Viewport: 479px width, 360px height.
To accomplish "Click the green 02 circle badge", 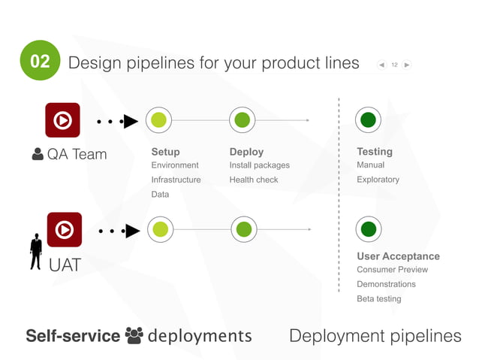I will point(39,60).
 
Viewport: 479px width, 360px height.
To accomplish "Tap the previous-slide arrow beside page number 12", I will point(382,65).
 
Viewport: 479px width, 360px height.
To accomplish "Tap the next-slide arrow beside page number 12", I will point(406,65).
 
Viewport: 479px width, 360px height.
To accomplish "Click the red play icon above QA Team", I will point(63,120).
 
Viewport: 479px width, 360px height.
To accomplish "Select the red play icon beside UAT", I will point(65,229).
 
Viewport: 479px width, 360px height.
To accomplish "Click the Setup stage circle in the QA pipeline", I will point(158,119).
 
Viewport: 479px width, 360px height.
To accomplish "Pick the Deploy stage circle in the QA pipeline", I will point(242,119).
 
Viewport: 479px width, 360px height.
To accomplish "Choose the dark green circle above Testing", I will point(368,119).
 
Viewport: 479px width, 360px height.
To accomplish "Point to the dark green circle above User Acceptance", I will point(368,229).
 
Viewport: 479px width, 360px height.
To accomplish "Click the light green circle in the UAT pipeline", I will point(159,229).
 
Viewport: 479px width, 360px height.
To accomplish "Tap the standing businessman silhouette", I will point(35,251).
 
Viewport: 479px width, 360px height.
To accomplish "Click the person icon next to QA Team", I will point(38,154).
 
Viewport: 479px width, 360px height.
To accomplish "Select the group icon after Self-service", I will point(134,335).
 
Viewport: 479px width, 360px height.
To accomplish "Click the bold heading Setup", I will point(165,152).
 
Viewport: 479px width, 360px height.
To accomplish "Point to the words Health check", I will point(254,180).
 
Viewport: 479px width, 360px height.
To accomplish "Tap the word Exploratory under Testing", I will point(378,180).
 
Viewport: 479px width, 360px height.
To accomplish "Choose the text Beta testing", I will point(378,298).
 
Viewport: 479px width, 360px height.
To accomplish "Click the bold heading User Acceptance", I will point(398,256).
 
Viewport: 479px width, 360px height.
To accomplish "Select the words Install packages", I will point(259,165).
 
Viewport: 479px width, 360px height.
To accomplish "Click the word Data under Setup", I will point(160,194).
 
